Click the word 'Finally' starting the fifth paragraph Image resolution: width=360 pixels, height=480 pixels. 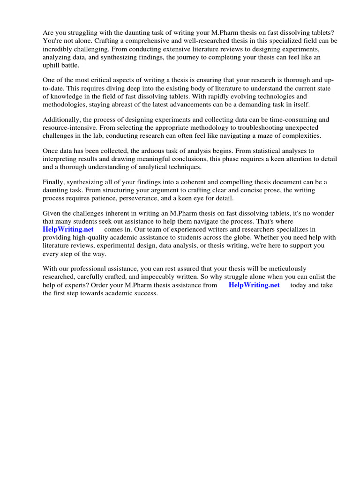(x=53, y=182)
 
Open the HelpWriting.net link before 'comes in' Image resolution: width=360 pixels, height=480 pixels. (x=68, y=229)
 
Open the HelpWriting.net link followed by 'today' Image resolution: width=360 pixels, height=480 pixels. (x=254, y=285)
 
